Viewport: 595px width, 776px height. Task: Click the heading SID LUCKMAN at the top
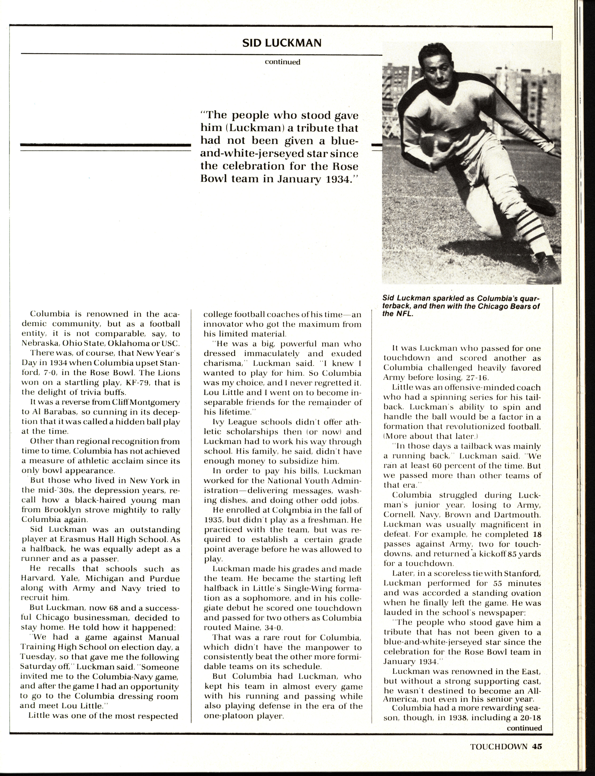pyautogui.click(x=282, y=43)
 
